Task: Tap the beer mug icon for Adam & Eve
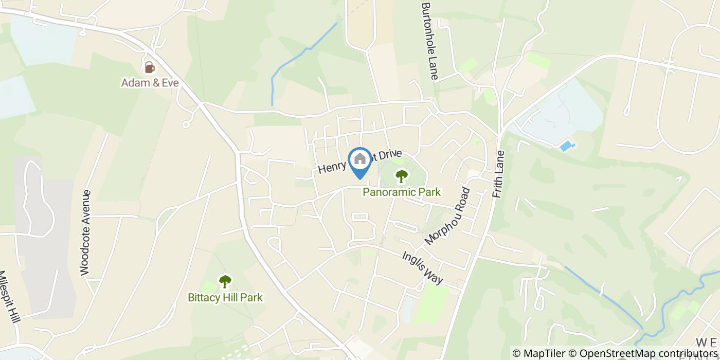pos(149,67)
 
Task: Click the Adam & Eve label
pos(150,82)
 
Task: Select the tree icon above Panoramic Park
pos(401,176)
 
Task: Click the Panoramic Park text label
pos(402,192)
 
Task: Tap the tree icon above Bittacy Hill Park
pos(225,281)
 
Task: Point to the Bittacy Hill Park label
pos(225,297)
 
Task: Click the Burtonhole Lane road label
pos(429,41)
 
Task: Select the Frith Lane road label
pos(498,174)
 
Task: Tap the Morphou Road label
pos(447,216)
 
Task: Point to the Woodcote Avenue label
pos(85,232)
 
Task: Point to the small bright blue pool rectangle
pos(567,146)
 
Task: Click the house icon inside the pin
pos(360,158)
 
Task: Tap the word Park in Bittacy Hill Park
pos(251,297)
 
